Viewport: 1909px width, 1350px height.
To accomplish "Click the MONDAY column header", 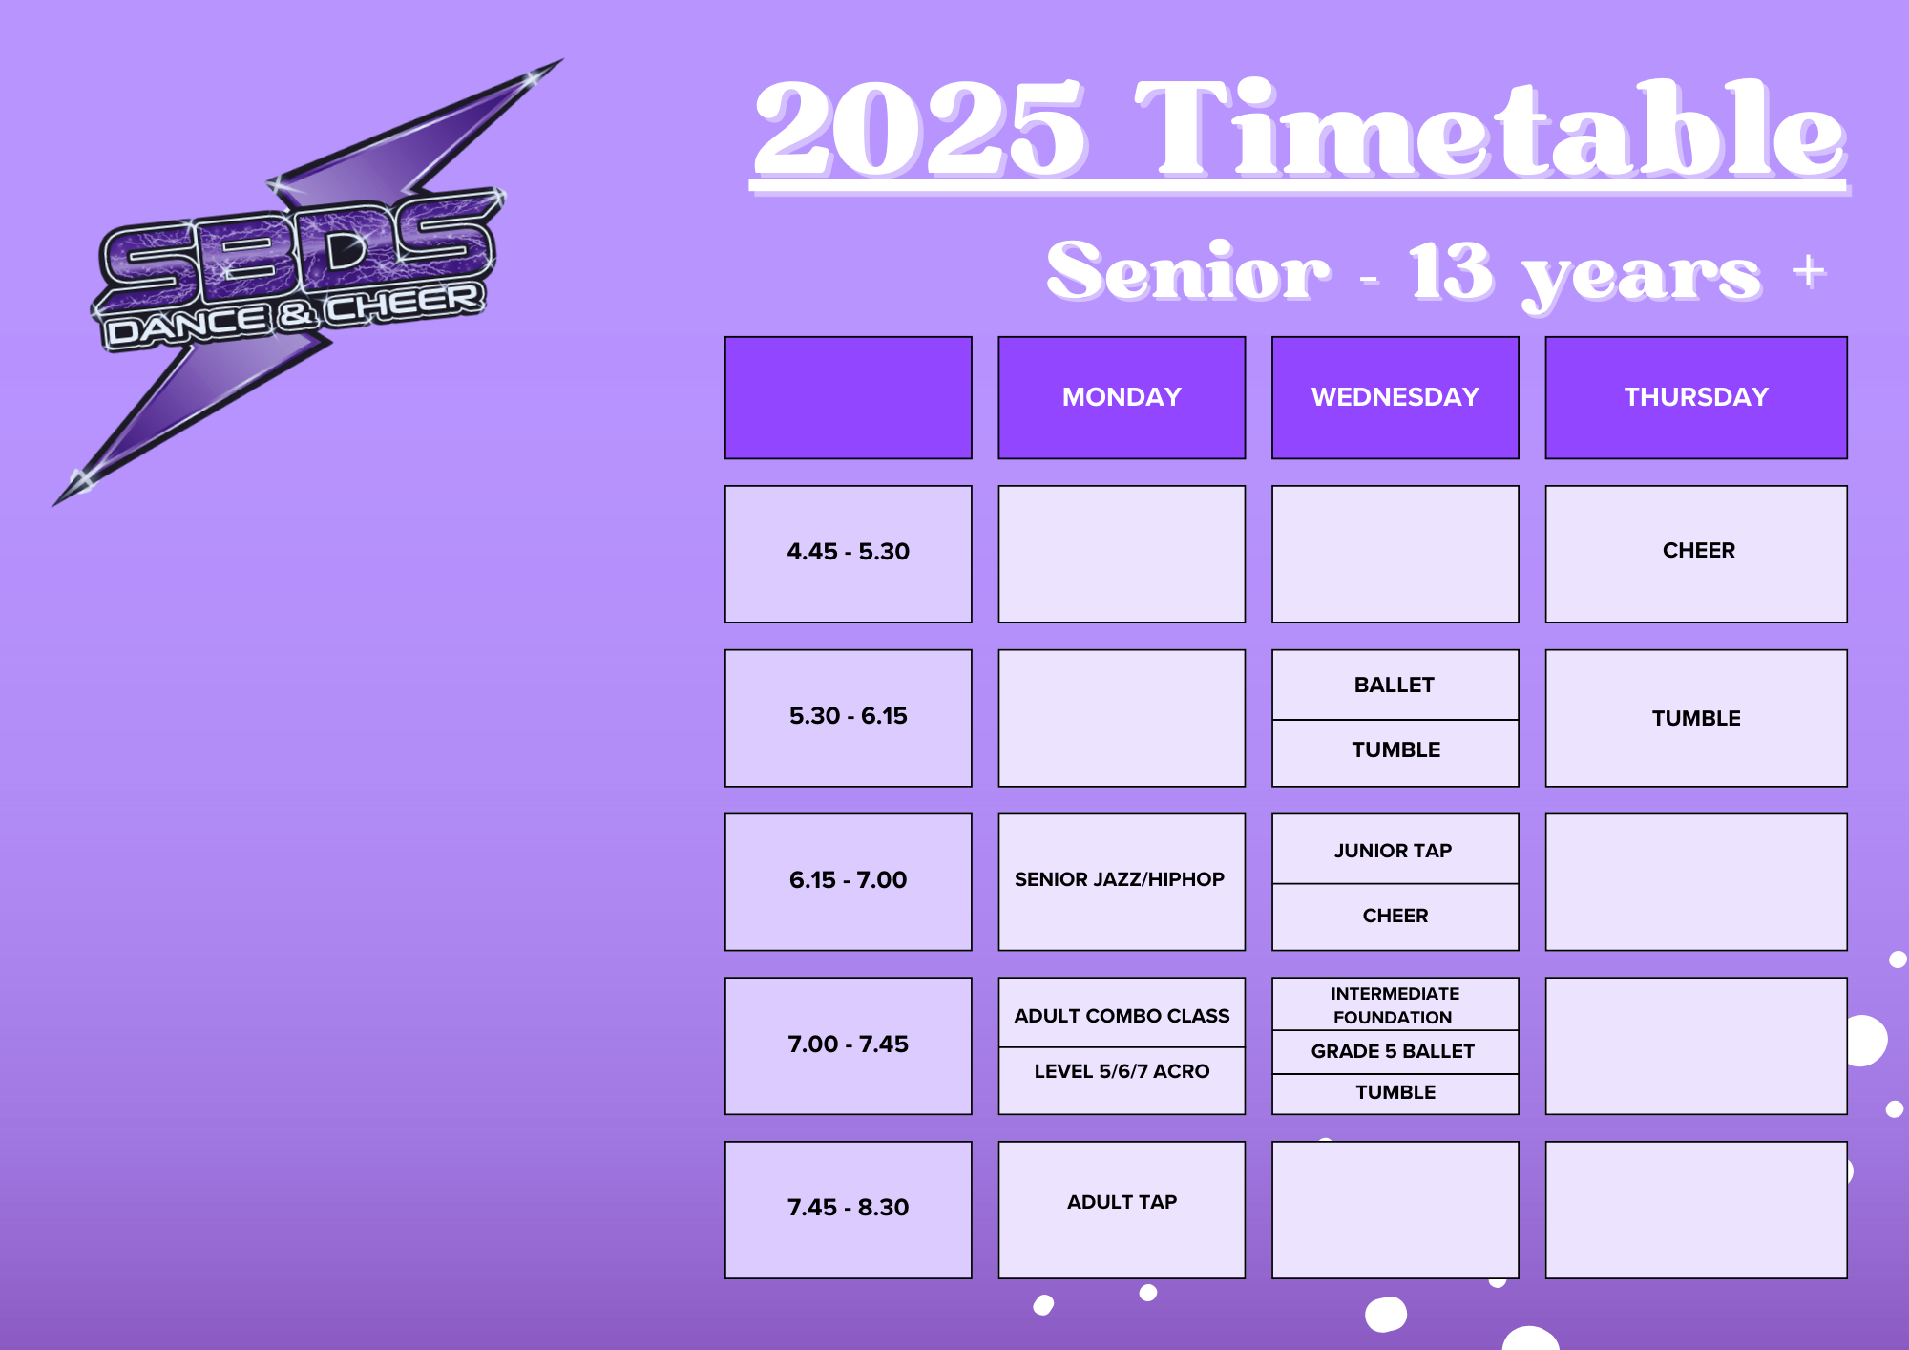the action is tap(1122, 397).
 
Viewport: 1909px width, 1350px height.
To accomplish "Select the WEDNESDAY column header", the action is tap(1395, 397).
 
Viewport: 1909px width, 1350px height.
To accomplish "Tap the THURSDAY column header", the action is tap(1696, 397).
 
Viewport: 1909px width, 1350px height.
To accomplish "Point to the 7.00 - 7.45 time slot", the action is tap(849, 1045).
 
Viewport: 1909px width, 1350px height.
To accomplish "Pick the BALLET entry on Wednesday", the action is tap(1395, 685).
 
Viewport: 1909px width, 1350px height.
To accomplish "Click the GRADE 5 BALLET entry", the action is tap(1395, 1052).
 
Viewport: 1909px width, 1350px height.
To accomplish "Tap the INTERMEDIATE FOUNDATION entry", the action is tap(1395, 1004).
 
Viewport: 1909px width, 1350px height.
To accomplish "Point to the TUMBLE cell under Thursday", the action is tap(1696, 718).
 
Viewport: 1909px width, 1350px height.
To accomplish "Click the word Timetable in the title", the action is tap(1489, 129).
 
